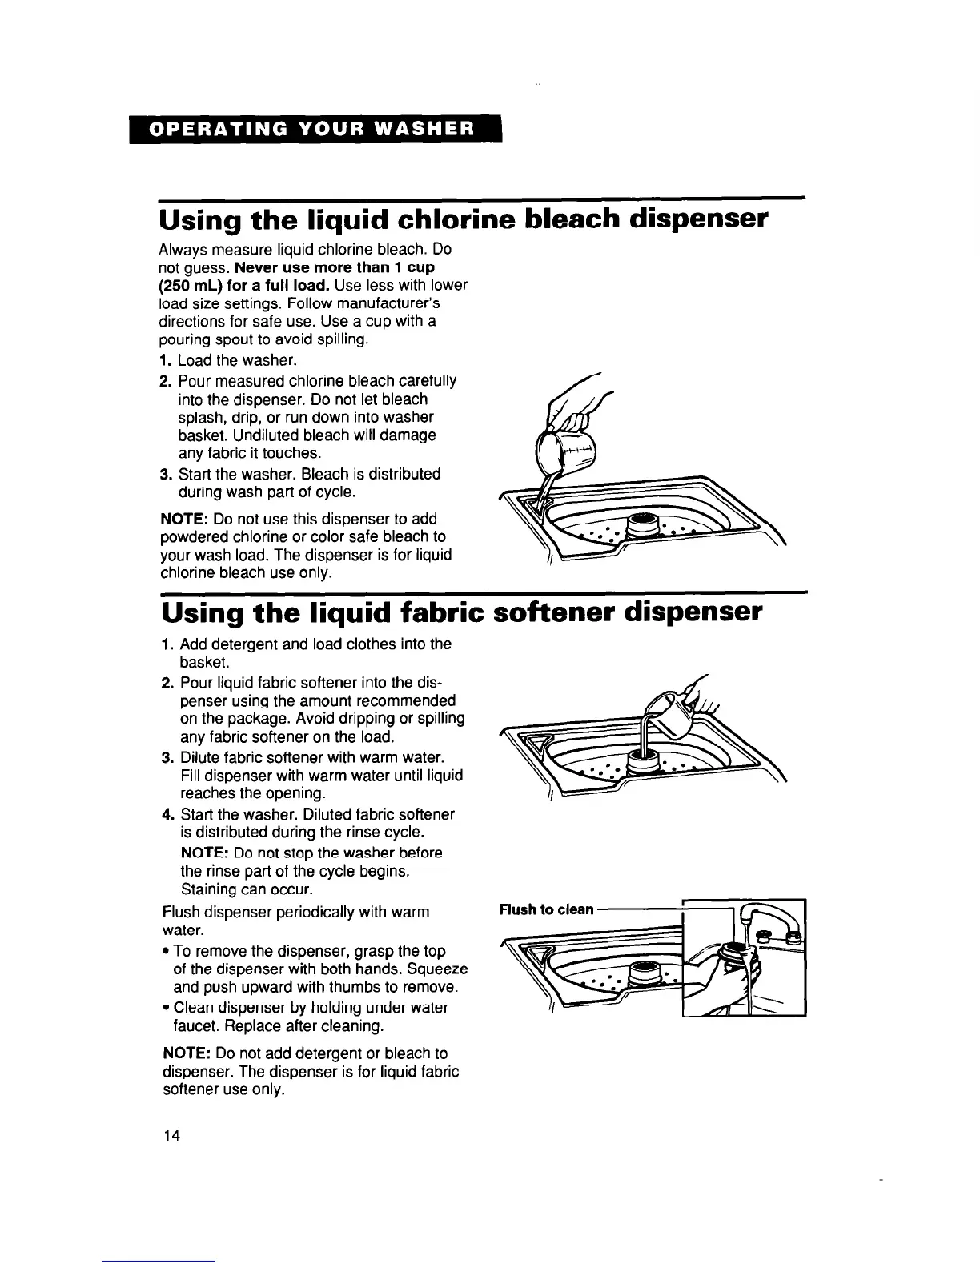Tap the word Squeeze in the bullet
[438, 969]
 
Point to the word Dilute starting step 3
[201, 757]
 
